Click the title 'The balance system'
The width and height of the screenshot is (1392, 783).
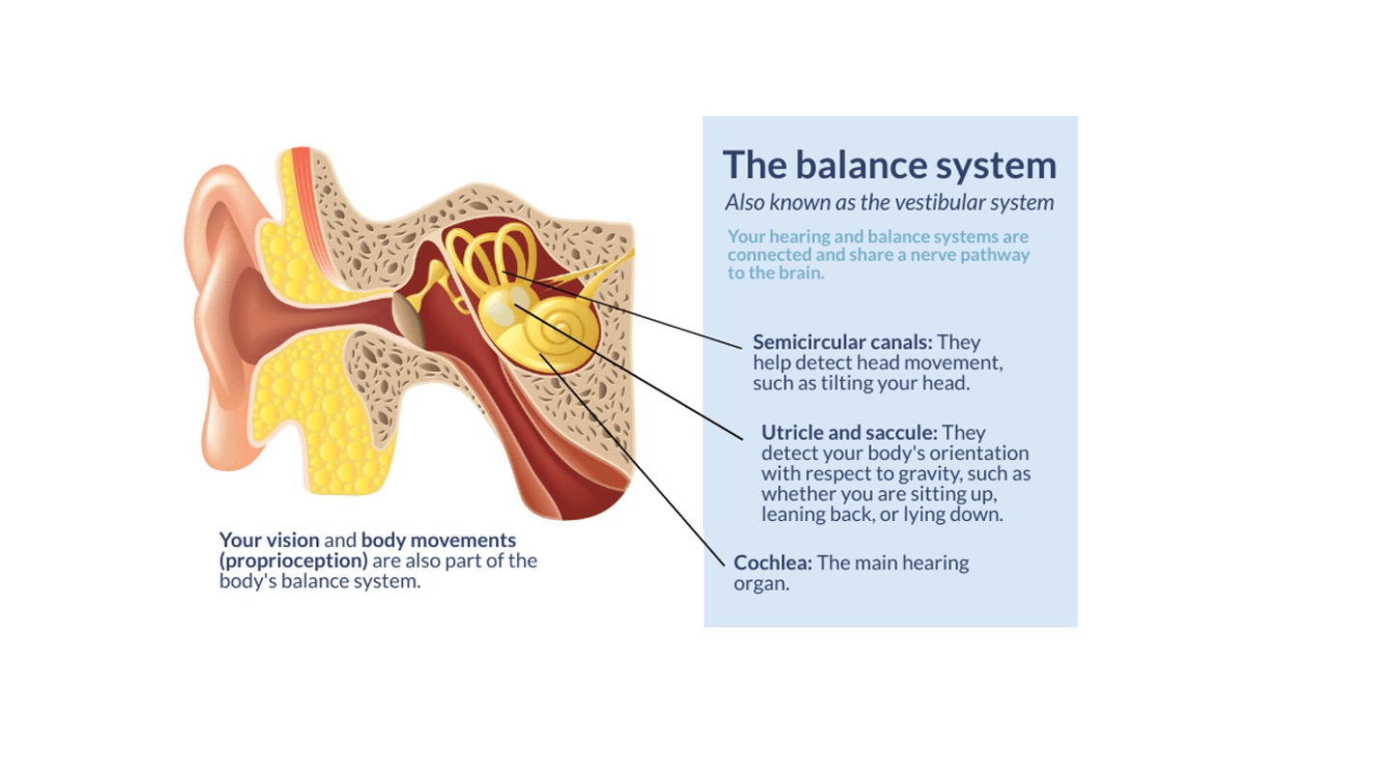point(889,164)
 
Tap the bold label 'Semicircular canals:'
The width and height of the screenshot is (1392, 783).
point(842,342)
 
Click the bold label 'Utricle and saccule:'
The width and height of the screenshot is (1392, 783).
point(849,432)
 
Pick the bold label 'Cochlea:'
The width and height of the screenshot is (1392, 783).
point(772,563)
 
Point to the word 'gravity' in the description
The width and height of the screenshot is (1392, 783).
point(970,474)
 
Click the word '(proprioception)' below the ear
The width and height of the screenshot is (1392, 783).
point(293,561)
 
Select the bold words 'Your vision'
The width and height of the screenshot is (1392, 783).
point(269,539)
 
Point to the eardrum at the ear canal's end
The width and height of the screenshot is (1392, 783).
point(410,320)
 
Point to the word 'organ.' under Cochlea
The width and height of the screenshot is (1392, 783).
point(761,584)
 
